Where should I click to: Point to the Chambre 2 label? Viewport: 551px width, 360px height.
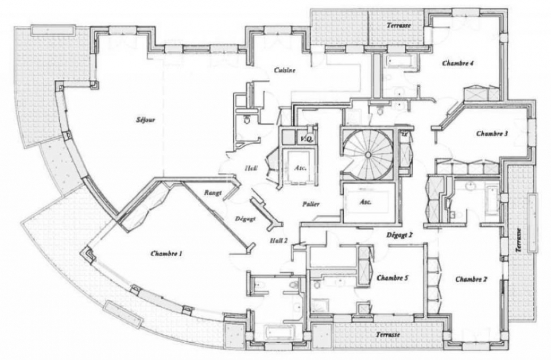471,279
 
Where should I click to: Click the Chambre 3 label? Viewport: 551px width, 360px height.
492,134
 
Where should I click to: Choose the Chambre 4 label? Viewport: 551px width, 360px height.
457,63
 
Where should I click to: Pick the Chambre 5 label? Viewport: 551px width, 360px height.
392,278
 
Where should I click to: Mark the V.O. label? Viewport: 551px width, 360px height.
306,139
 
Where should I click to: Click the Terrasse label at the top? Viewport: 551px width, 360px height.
398,26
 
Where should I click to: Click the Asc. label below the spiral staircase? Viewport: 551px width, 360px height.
364,202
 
